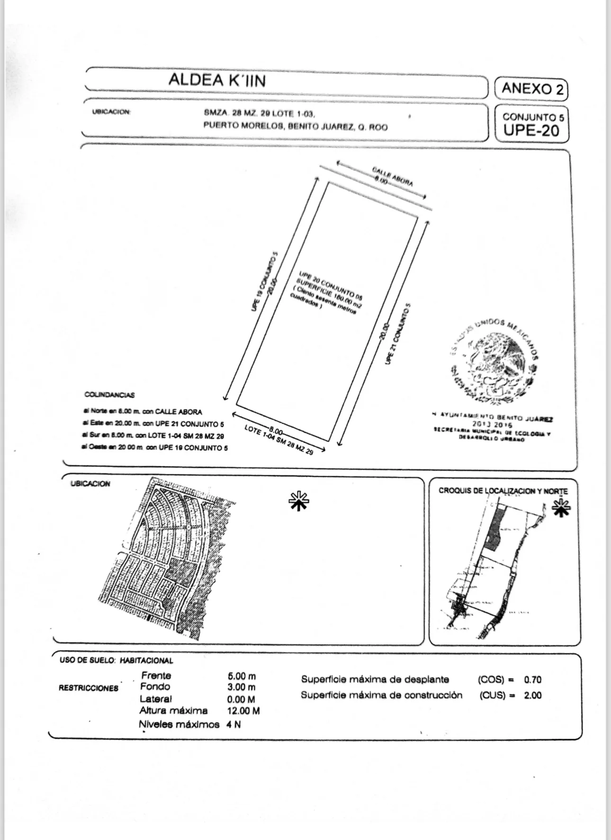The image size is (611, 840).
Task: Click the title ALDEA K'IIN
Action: (217, 80)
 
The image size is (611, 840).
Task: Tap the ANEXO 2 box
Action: (531, 89)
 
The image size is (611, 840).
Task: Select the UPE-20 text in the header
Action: (531, 130)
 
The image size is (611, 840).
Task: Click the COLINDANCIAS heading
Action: (109, 395)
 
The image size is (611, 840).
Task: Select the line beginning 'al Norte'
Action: (143, 412)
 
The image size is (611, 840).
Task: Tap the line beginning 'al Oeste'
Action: (155, 447)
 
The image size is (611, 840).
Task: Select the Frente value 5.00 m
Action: (242, 676)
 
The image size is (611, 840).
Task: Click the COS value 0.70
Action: (532, 679)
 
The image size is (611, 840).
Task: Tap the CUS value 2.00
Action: (532, 695)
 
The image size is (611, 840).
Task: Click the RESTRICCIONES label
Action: (89, 688)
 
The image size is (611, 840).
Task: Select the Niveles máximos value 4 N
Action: (234, 724)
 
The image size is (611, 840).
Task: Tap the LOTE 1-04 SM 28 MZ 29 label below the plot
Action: (279, 440)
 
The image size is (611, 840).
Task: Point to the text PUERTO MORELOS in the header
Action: (243, 126)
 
